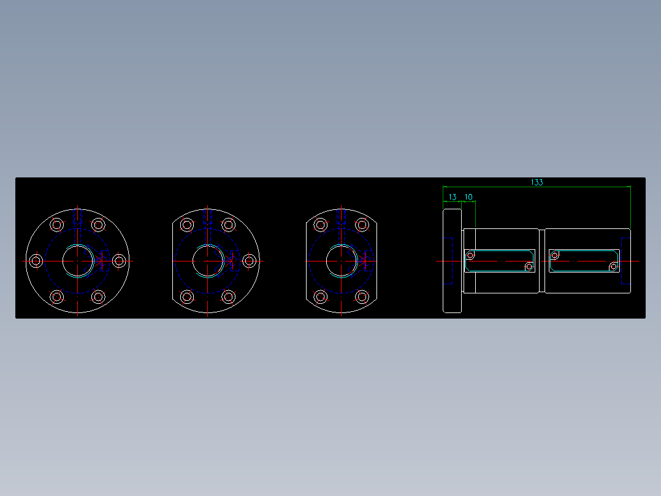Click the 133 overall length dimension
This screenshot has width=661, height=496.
537,182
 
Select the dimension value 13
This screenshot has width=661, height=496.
453,197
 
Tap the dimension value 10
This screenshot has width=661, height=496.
468,197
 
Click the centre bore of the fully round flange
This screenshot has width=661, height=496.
77,260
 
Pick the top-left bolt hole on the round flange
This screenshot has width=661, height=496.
57,225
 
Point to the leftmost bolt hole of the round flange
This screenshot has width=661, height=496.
36,261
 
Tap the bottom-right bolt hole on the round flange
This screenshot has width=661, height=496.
98,296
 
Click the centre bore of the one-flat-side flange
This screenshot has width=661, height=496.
208,260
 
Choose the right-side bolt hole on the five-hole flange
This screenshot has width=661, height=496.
249,261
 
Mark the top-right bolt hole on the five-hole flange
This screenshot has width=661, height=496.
228,225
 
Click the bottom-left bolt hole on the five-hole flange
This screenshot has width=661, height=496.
188,297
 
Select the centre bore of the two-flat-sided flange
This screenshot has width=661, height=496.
341,260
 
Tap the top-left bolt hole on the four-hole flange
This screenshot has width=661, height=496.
320,225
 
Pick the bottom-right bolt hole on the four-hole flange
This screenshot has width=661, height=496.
362,297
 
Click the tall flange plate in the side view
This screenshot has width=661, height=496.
452,260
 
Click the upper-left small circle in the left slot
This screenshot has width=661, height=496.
470,255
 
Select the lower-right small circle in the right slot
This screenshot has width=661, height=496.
613,266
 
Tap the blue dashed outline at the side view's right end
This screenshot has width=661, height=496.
625,260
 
